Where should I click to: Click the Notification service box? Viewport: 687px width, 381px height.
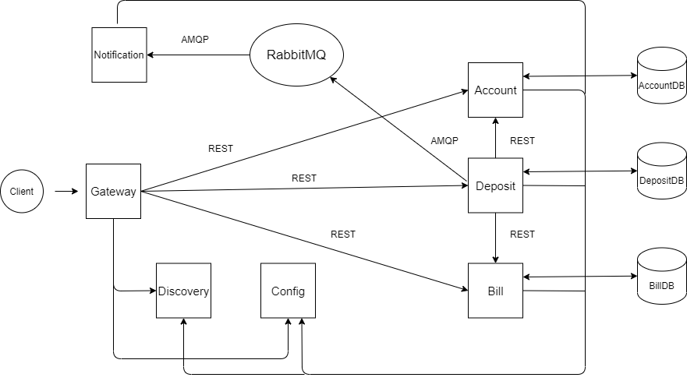[119, 55]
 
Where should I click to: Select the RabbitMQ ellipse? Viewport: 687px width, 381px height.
[296, 55]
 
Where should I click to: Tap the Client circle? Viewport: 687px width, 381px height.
[22, 191]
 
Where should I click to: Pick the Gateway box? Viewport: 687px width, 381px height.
[113, 191]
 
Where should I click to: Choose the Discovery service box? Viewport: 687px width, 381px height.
[183, 291]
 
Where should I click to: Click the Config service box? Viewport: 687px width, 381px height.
[288, 291]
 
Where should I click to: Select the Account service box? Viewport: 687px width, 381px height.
[495, 90]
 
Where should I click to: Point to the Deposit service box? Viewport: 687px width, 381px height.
[495, 185]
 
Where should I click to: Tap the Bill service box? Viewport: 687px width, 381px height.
[495, 291]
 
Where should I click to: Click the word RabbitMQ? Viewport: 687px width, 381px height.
[296, 55]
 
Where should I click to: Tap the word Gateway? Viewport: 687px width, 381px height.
[113, 192]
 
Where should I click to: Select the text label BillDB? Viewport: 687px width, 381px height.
[661, 286]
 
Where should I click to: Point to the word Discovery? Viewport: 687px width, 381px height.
[183, 291]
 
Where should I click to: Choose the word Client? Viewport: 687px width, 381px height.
[22, 192]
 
